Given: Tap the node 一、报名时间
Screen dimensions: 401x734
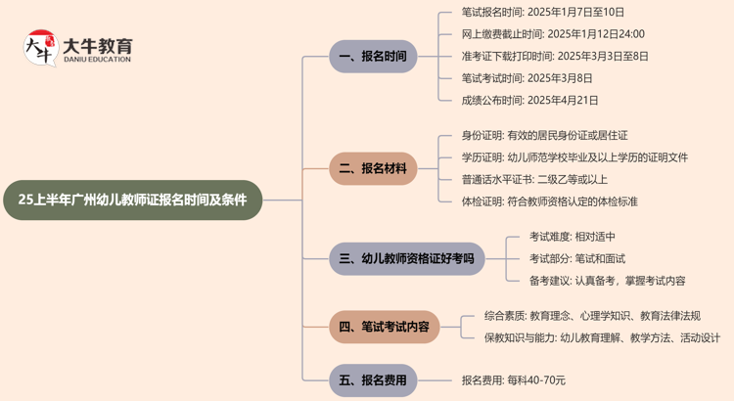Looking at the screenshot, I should click(372, 56).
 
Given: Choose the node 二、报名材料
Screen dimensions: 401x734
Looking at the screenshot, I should click(372, 168).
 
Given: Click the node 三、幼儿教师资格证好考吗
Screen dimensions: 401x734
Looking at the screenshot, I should click(406, 259).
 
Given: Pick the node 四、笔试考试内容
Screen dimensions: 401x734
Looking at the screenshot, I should click(384, 327).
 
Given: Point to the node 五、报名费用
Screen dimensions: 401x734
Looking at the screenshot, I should click(372, 379).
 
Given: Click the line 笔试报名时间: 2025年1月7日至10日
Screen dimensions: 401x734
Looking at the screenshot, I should click(542, 13).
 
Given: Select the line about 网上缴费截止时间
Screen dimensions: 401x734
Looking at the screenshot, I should click(553, 34).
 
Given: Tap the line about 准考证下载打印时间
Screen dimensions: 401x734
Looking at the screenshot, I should click(555, 56).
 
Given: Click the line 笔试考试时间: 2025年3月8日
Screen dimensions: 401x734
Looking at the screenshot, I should click(528, 77).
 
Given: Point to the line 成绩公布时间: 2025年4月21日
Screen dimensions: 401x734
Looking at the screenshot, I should click(529, 100).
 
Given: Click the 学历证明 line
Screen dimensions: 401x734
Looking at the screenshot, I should click(574, 157).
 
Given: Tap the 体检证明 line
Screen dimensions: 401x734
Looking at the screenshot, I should click(549, 201).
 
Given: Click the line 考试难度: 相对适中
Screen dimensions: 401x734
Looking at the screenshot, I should click(573, 237).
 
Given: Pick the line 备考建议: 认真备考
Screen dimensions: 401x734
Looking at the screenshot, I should click(607, 281).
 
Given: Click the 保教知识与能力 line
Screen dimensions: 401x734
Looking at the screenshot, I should click(602, 337).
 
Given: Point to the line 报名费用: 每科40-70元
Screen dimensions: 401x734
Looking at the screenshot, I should click(514, 379).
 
